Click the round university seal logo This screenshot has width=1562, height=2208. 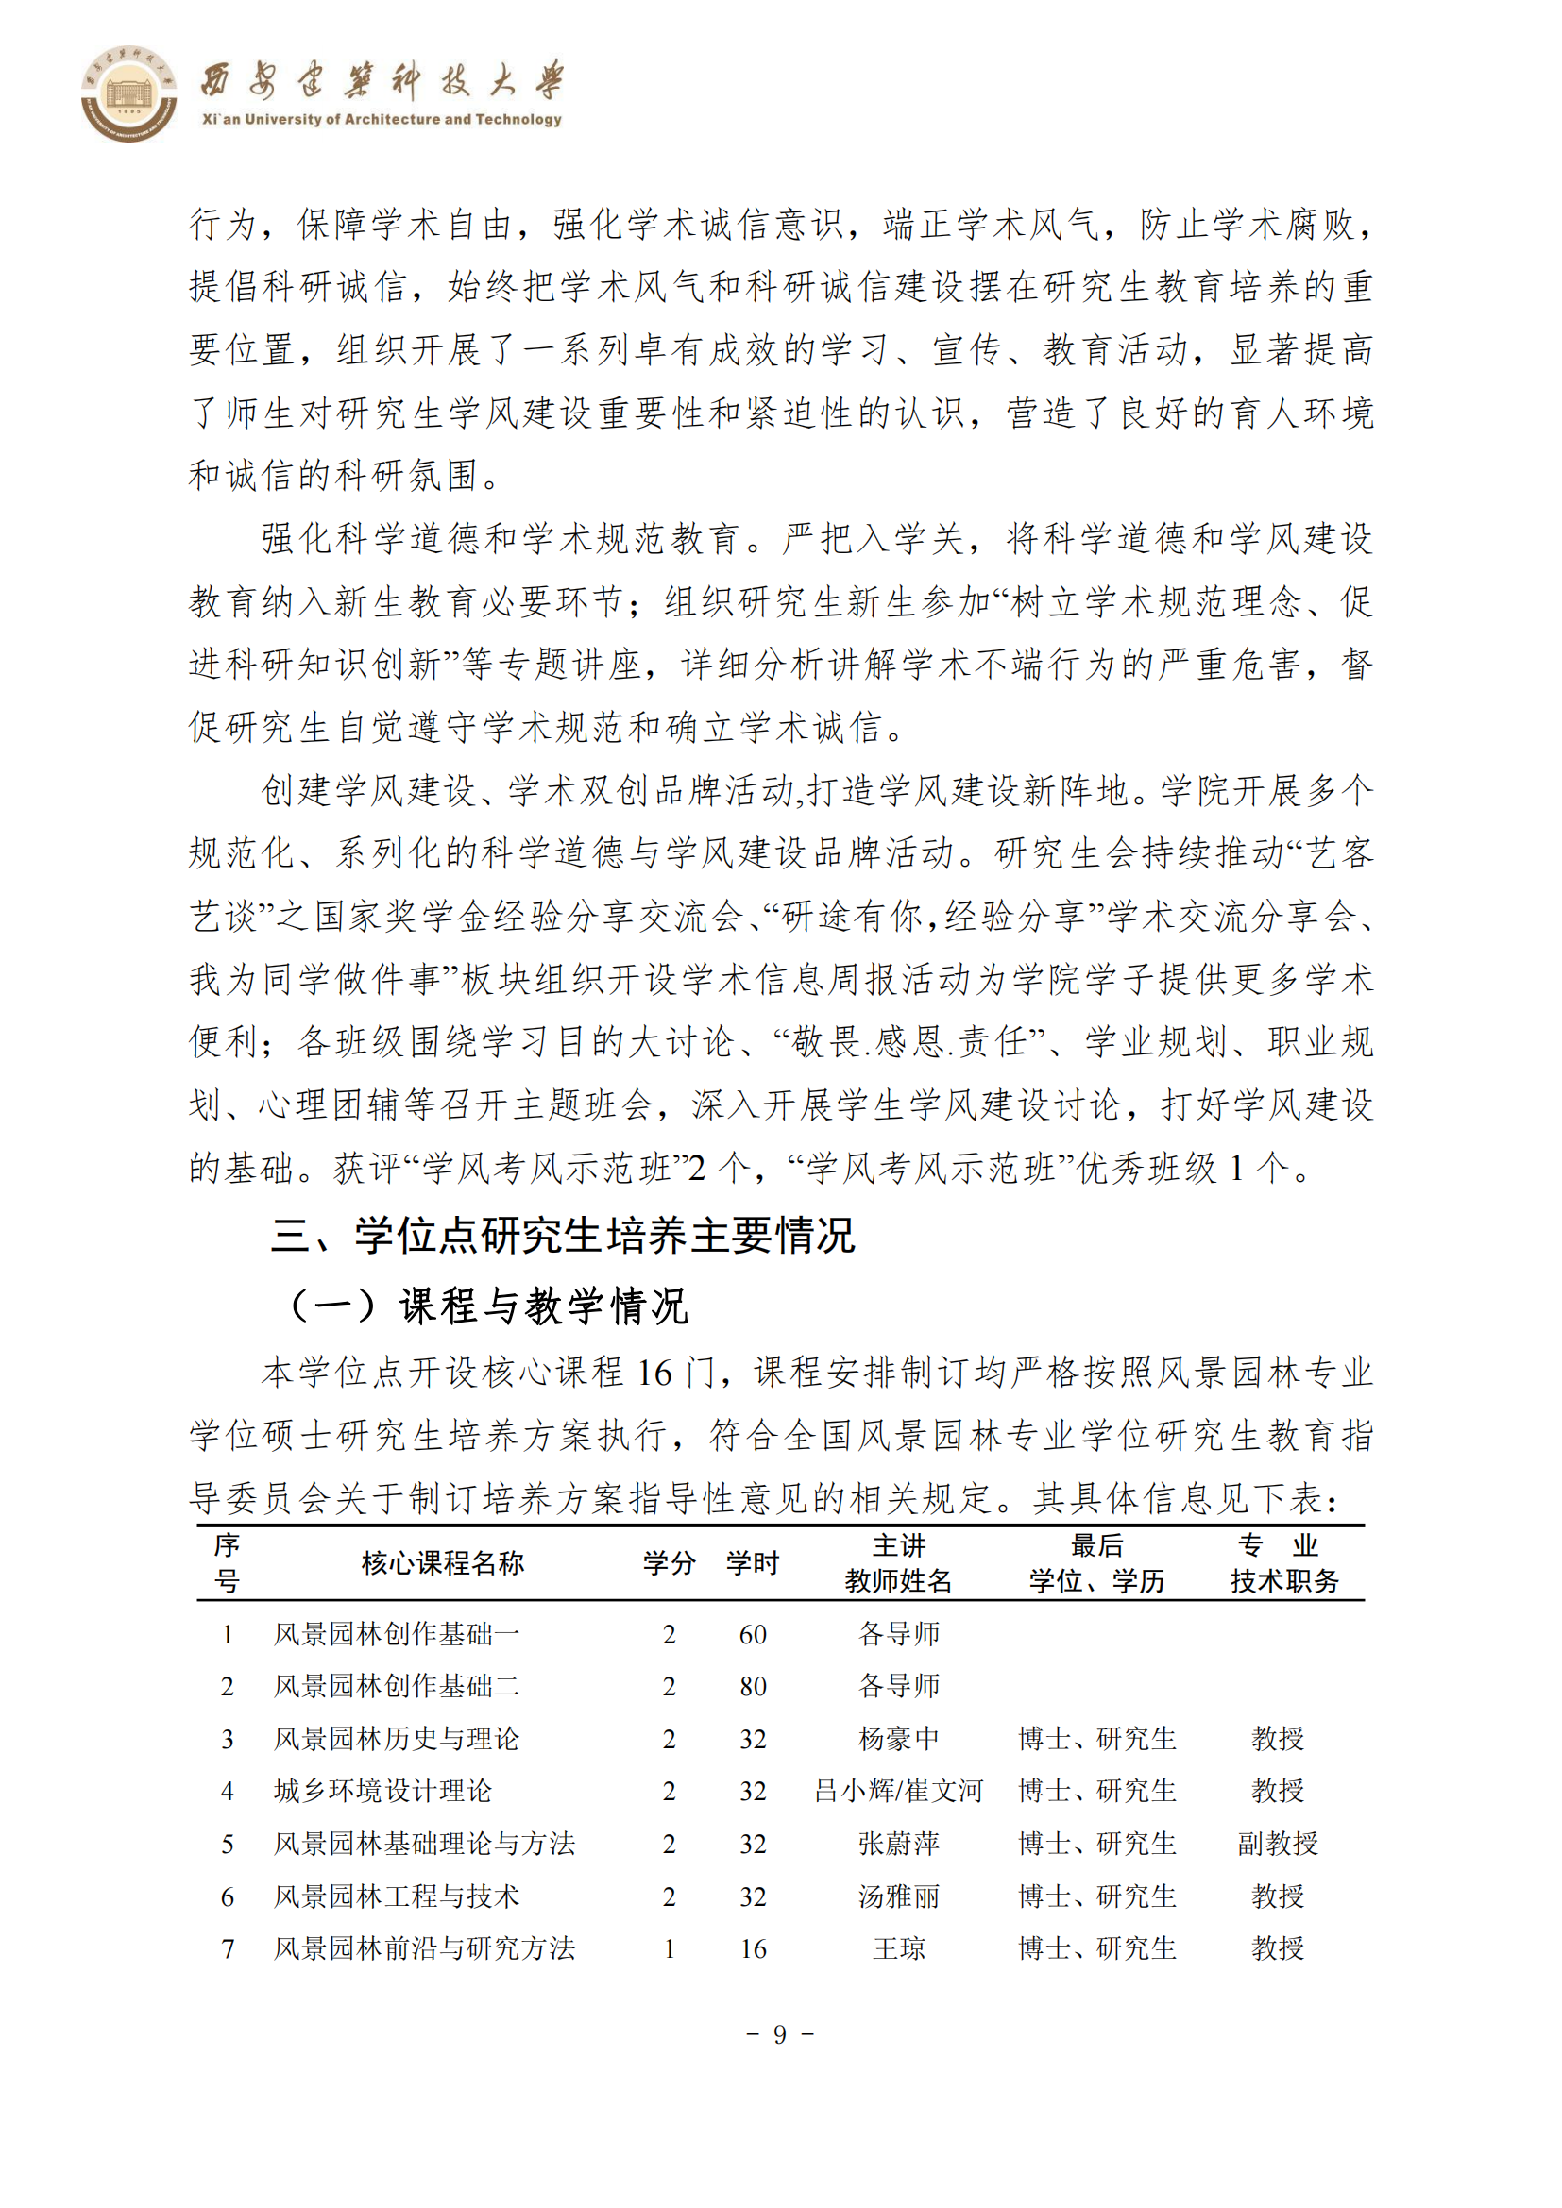(x=127, y=93)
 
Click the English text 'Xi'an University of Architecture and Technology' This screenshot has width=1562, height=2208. (x=382, y=119)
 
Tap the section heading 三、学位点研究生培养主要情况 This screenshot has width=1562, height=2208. (x=563, y=1236)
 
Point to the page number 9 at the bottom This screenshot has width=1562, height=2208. (x=780, y=2034)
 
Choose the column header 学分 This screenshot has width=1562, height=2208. (x=670, y=1563)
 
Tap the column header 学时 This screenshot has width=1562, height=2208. (x=752, y=1563)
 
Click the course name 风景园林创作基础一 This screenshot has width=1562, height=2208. (x=397, y=1634)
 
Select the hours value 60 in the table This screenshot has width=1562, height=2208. (x=753, y=1635)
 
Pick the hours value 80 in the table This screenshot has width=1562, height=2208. (x=753, y=1687)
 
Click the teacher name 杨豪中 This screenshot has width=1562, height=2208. (x=898, y=1739)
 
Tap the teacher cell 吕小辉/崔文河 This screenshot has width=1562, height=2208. (x=898, y=1791)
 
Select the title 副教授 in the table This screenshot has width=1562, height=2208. (x=1278, y=1844)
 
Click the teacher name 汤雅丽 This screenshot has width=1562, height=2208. (x=898, y=1896)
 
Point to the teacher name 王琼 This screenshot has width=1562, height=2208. (x=898, y=1948)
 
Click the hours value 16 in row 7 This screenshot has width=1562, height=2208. (x=753, y=1949)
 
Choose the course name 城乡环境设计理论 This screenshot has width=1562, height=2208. (x=382, y=1791)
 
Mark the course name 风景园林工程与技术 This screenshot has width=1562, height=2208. (x=397, y=1896)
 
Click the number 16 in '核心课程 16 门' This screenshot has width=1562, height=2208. (x=654, y=1374)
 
